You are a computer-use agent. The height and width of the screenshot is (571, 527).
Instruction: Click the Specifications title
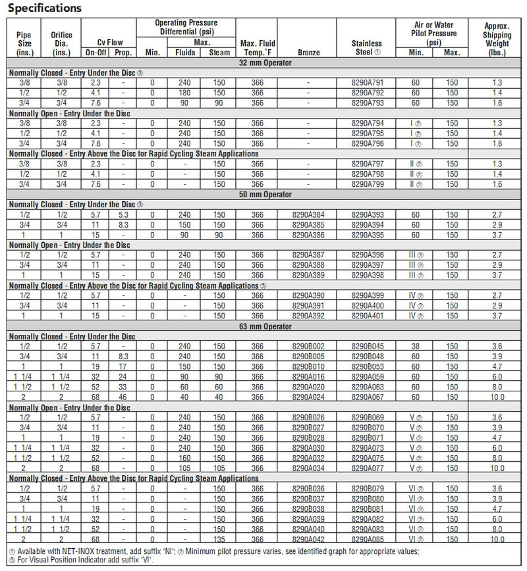(45, 9)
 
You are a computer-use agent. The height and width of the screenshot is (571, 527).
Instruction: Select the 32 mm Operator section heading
(265, 62)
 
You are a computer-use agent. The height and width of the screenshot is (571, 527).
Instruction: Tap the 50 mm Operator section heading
(265, 195)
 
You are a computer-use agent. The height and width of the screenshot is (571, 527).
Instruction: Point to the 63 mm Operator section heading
(265, 327)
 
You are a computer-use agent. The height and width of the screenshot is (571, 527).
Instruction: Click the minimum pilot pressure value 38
(416, 347)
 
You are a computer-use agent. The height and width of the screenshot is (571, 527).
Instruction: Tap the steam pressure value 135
(219, 539)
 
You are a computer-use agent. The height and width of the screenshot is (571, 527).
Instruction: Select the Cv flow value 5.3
(123, 215)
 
